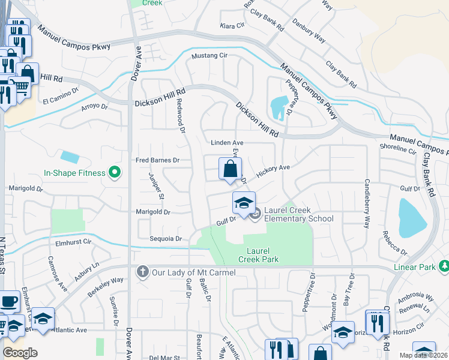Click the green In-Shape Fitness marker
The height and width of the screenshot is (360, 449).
pyautogui.click(x=112, y=173)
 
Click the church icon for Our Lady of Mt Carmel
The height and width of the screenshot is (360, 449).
pyautogui.click(x=143, y=272)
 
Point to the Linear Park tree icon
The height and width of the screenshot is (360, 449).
pyautogui.click(x=444, y=265)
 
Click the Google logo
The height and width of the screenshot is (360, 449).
pyautogui.click(x=20, y=352)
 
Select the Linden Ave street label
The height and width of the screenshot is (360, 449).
pyautogui.click(x=226, y=143)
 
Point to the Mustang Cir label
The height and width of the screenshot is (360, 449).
pyautogui.click(x=209, y=56)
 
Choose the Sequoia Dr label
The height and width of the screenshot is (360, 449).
pyautogui.click(x=165, y=238)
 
